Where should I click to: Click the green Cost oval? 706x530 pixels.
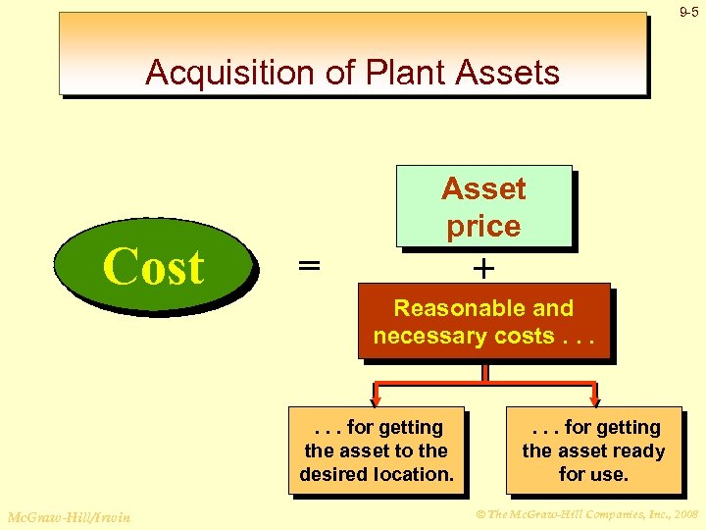[x=153, y=266]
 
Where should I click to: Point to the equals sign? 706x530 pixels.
[x=309, y=266]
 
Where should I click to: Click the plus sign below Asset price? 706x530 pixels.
[x=483, y=267]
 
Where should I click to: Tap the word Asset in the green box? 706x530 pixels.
[x=483, y=188]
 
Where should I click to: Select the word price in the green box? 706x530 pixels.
[x=483, y=226]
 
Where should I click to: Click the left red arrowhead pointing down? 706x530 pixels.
[x=376, y=397]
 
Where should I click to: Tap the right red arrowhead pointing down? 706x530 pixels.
[x=593, y=397]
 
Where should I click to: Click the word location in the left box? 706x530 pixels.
[x=416, y=474]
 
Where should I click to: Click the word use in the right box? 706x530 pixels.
[x=607, y=474]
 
